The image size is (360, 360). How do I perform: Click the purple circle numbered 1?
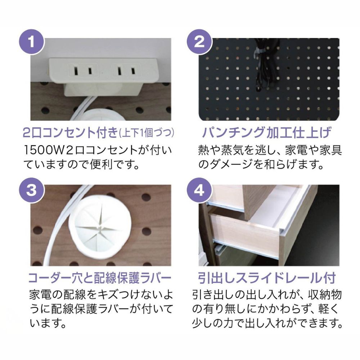32,42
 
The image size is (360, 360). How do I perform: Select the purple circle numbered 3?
32,190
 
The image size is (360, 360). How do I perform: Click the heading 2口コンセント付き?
71,133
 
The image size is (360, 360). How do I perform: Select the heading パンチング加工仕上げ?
267,133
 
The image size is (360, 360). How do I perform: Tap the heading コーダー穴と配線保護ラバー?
100,278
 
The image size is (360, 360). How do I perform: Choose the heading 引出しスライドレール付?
267,278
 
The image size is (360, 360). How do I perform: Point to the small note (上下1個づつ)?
147,133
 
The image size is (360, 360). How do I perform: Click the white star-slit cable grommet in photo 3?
100,225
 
